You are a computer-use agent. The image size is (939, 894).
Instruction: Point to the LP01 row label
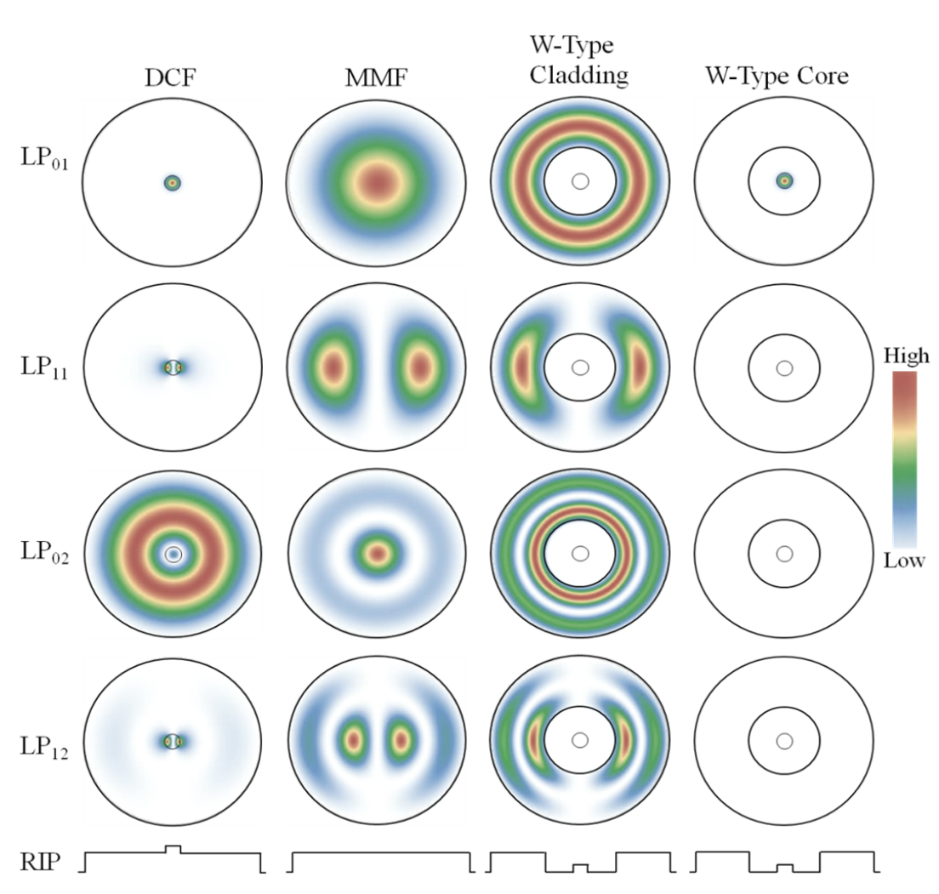[43, 159]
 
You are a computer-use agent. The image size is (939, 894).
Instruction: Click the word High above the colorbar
[907, 356]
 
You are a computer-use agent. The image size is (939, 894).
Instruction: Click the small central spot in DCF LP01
[173, 182]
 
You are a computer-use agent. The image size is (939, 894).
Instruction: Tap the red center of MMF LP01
[377, 181]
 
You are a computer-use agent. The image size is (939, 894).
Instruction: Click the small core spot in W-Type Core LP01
[783, 180]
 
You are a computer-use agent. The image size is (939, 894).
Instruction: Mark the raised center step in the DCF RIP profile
[173, 848]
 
